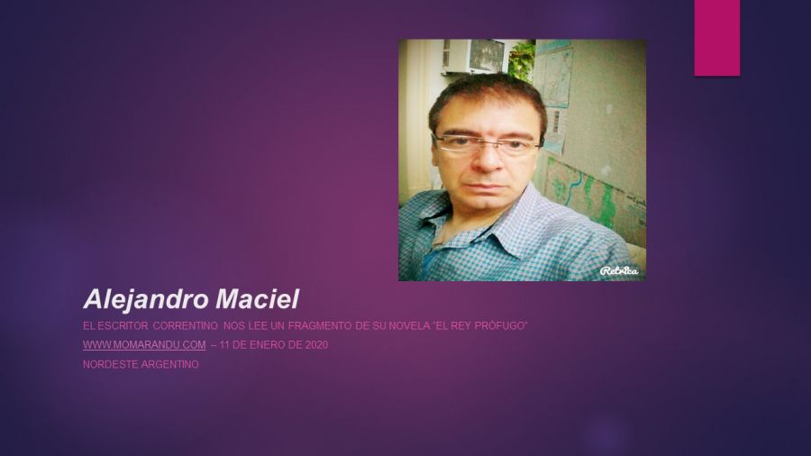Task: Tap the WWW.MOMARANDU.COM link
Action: pos(144,345)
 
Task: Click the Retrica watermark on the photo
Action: pos(619,270)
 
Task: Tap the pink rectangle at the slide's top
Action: pos(717,38)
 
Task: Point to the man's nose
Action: pos(488,160)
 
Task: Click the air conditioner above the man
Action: pos(473,56)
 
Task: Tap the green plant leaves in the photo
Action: pos(522,61)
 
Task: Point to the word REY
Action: pos(460,325)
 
